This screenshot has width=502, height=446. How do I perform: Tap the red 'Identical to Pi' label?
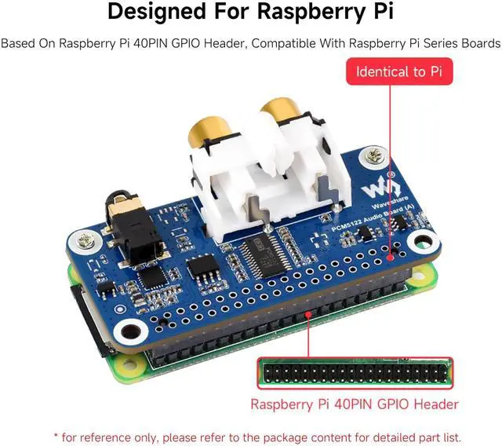[399, 71]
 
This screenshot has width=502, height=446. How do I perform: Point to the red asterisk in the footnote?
[56, 436]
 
